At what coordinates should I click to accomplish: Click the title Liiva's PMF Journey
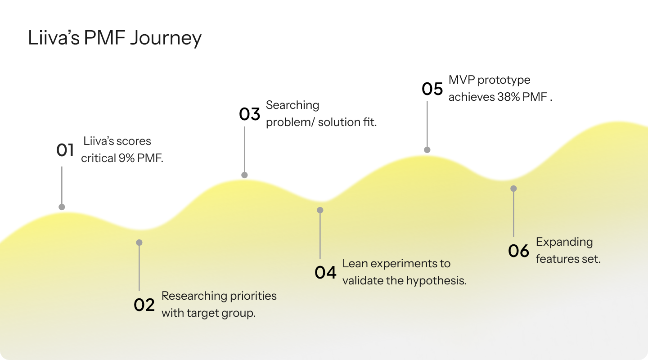(x=115, y=38)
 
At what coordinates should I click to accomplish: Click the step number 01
(x=65, y=150)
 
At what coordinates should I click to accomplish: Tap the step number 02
(x=144, y=305)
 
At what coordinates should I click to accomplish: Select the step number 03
(x=250, y=114)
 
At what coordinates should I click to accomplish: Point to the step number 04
(x=325, y=272)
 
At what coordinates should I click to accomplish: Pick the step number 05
(x=432, y=89)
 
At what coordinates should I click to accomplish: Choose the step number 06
(x=519, y=251)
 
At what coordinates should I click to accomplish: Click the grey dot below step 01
(x=62, y=207)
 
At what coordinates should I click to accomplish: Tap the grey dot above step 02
(x=139, y=243)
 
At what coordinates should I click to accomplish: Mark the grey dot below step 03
(x=244, y=175)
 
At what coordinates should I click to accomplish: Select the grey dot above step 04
(x=320, y=210)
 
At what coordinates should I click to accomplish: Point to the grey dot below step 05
(x=427, y=150)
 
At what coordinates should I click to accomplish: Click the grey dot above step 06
(x=513, y=189)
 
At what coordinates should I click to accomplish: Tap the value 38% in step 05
(x=508, y=97)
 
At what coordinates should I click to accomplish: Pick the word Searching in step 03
(x=292, y=105)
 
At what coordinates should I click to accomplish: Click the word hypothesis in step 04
(x=436, y=280)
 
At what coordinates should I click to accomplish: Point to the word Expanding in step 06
(x=564, y=242)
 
